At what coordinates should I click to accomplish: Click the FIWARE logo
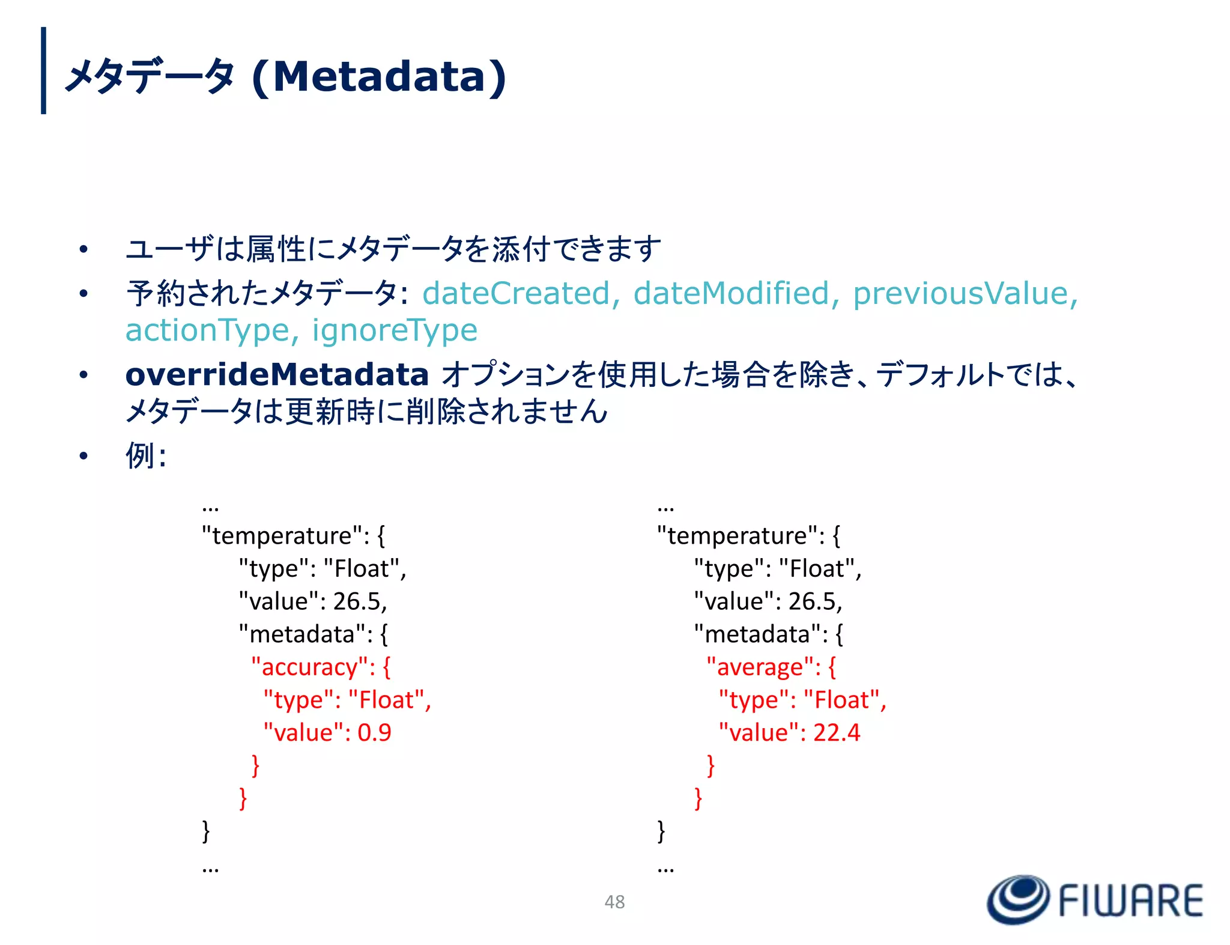pyautogui.click(x=1095, y=899)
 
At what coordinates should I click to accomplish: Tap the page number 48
pyautogui.click(x=614, y=902)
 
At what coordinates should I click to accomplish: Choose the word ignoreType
pyautogui.click(x=395, y=330)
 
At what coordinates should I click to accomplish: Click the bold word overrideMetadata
pyautogui.click(x=277, y=374)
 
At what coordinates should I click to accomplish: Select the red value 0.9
pyautogui.click(x=374, y=732)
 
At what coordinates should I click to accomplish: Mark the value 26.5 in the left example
pyautogui.click(x=359, y=601)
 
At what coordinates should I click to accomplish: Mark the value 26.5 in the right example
pyautogui.click(x=814, y=601)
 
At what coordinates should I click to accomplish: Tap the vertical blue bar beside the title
pyautogui.click(x=43, y=70)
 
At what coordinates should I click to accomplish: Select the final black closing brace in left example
pyautogui.click(x=206, y=831)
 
